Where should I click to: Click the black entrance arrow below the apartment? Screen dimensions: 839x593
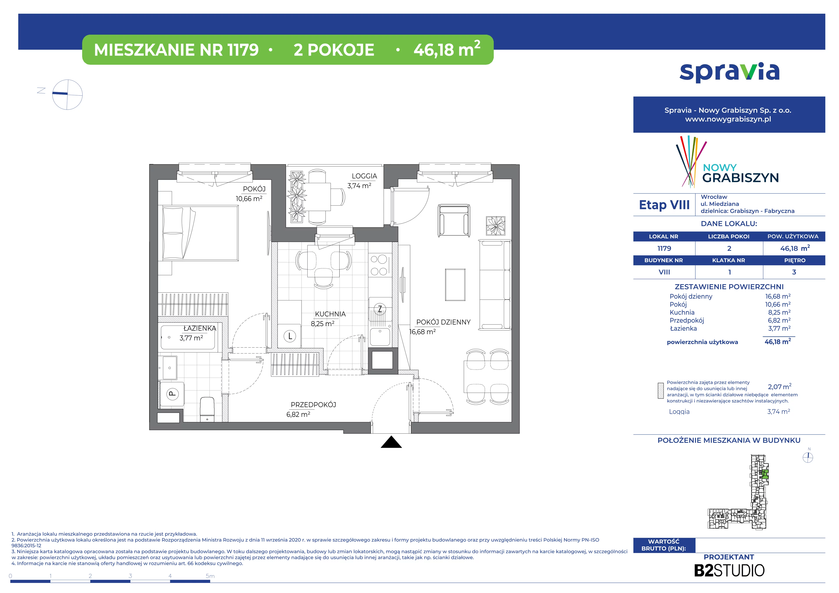coord(391,442)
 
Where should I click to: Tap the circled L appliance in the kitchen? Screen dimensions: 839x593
coord(290,336)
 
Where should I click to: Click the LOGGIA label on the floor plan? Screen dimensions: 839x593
coord(364,176)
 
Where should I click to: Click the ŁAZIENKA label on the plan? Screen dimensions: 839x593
coord(199,328)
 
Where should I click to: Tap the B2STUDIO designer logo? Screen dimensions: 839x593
coord(729,570)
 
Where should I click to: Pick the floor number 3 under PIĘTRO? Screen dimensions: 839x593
coord(794,272)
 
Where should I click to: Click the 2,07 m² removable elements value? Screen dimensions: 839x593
coord(779,387)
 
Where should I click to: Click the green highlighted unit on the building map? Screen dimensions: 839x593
coord(764,475)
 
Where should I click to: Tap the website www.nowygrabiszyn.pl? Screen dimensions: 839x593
coord(728,119)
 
